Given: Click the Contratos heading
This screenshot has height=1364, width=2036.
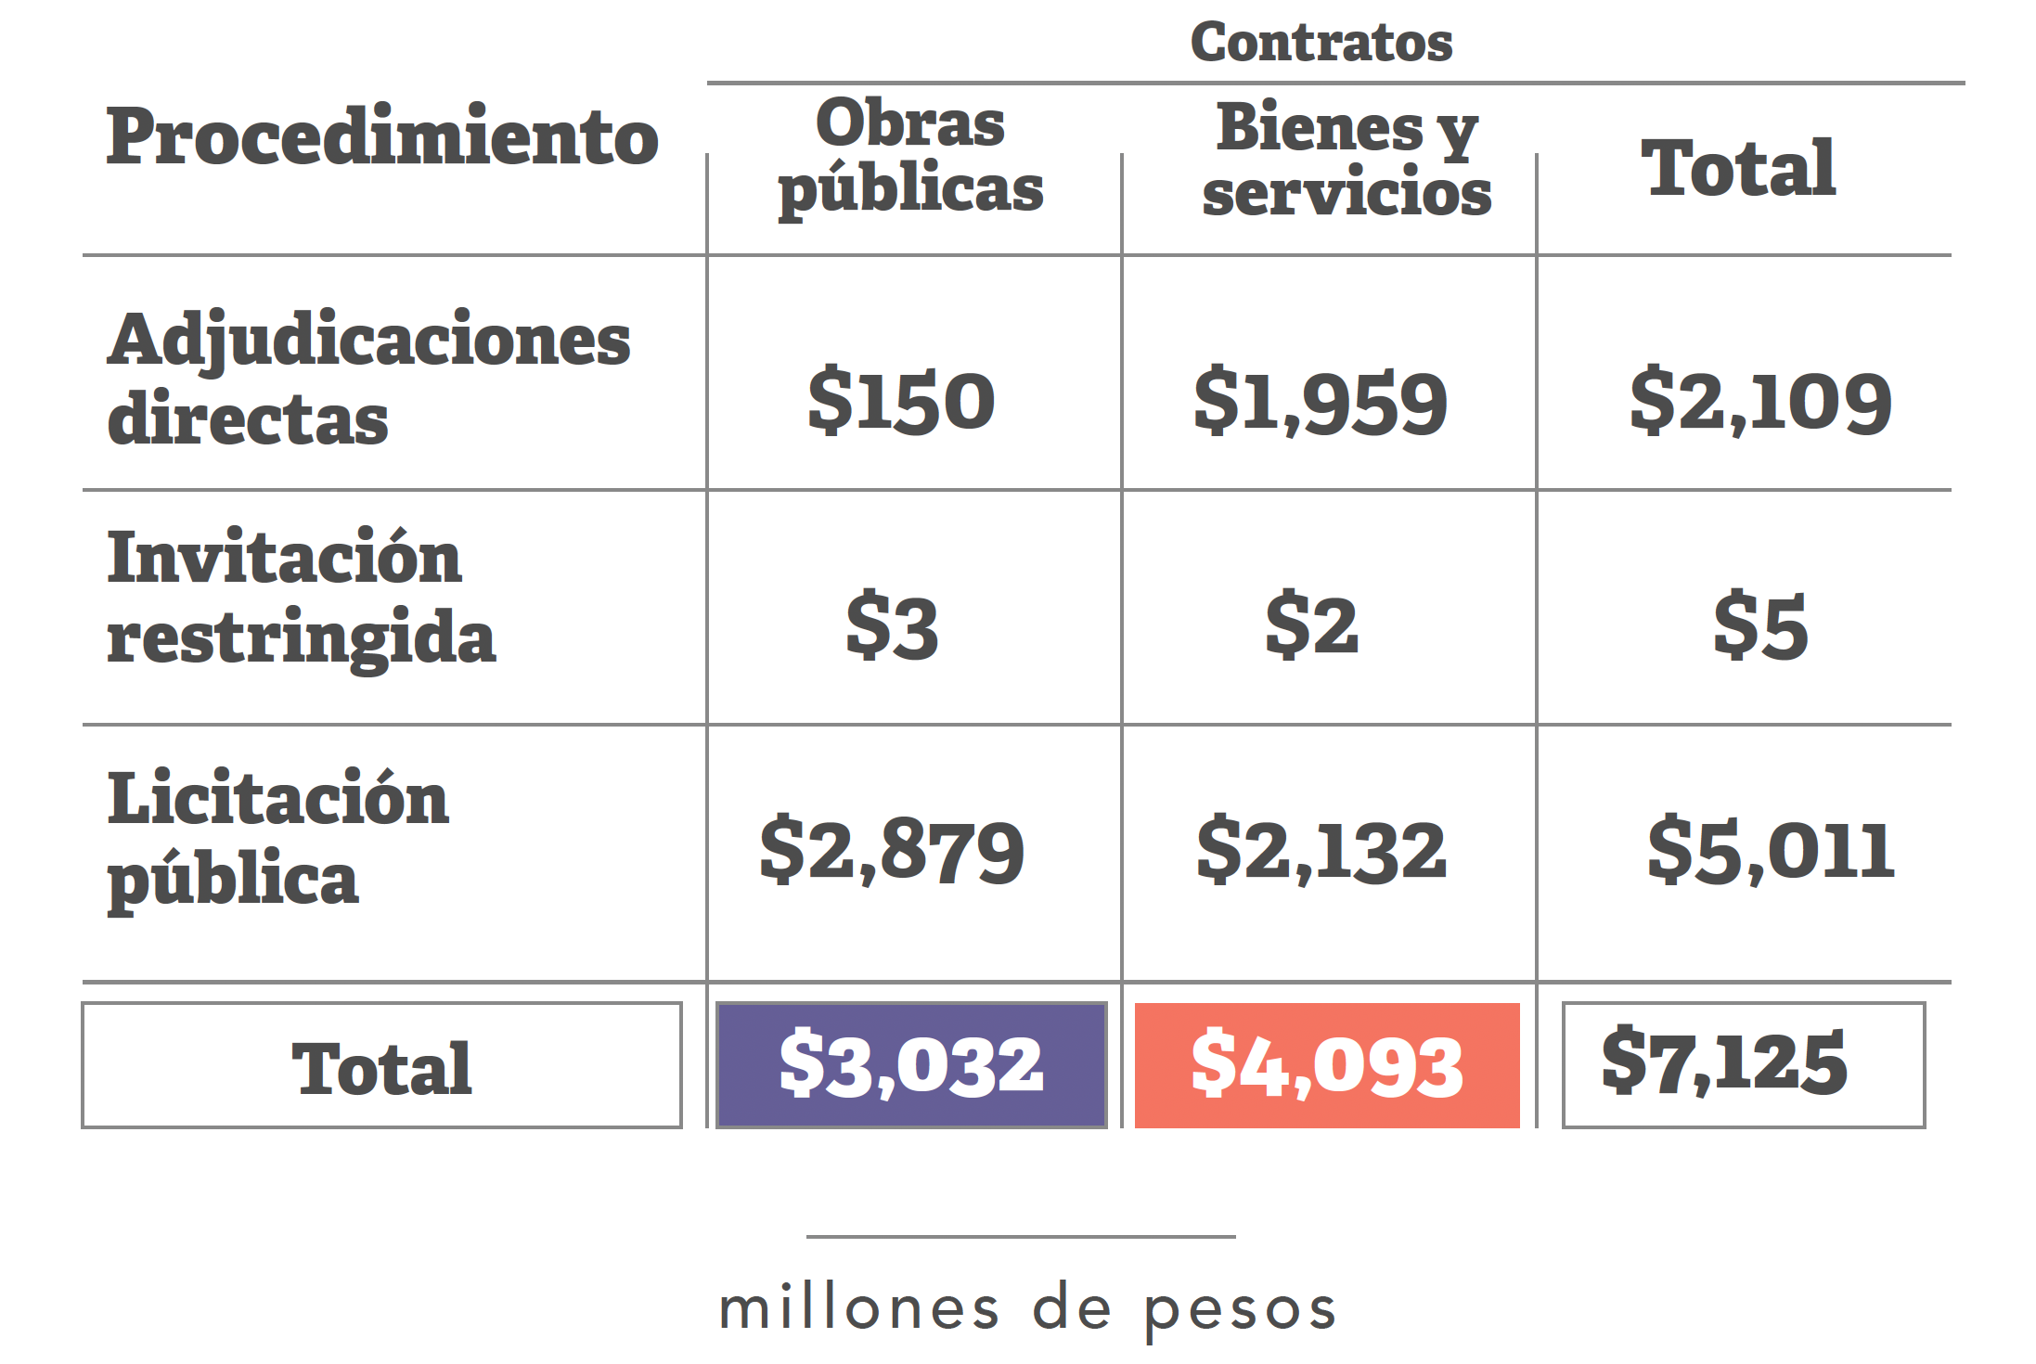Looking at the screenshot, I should click(x=1321, y=43).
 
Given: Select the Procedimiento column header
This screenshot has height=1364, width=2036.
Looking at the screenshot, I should click(x=381, y=137).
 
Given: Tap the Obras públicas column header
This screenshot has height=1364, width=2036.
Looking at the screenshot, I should click(x=910, y=156).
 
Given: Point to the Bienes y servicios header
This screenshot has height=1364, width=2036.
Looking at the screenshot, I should click(x=1347, y=160).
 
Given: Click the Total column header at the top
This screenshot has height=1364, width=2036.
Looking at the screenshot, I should click(x=1738, y=169).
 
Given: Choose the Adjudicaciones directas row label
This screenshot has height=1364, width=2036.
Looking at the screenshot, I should click(x=368, y=379).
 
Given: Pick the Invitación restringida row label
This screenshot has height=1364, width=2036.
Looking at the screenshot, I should click(x=301, y=598).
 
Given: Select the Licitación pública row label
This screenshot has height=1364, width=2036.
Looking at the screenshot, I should click(x=278, y=838).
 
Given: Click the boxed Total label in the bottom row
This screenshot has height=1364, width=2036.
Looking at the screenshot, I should click(x=381, y=1067).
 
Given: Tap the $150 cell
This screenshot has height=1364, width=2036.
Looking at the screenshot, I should click(x=901, y=401).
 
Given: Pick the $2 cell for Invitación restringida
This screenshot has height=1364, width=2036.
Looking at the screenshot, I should click(x=1311, y=625).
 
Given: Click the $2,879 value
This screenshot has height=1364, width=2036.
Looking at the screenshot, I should click(x=892, y=850).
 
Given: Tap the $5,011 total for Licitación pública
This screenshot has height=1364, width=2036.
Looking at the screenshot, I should click(x=1771, y=850).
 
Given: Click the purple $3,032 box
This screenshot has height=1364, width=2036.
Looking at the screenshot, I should click(x=911, y=1065).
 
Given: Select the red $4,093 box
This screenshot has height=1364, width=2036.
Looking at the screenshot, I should click(x=1327, y=1065).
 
